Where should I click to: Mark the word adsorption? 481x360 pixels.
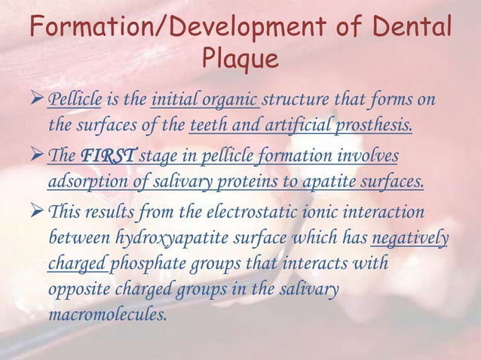point(87,182)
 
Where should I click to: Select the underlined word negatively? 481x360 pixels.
point(410,239)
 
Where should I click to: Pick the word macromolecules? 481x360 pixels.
point(107,314)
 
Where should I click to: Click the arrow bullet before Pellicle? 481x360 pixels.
point(37,99)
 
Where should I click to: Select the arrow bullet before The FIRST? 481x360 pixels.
point(37,156)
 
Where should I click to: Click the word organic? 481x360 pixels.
point(231,100)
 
